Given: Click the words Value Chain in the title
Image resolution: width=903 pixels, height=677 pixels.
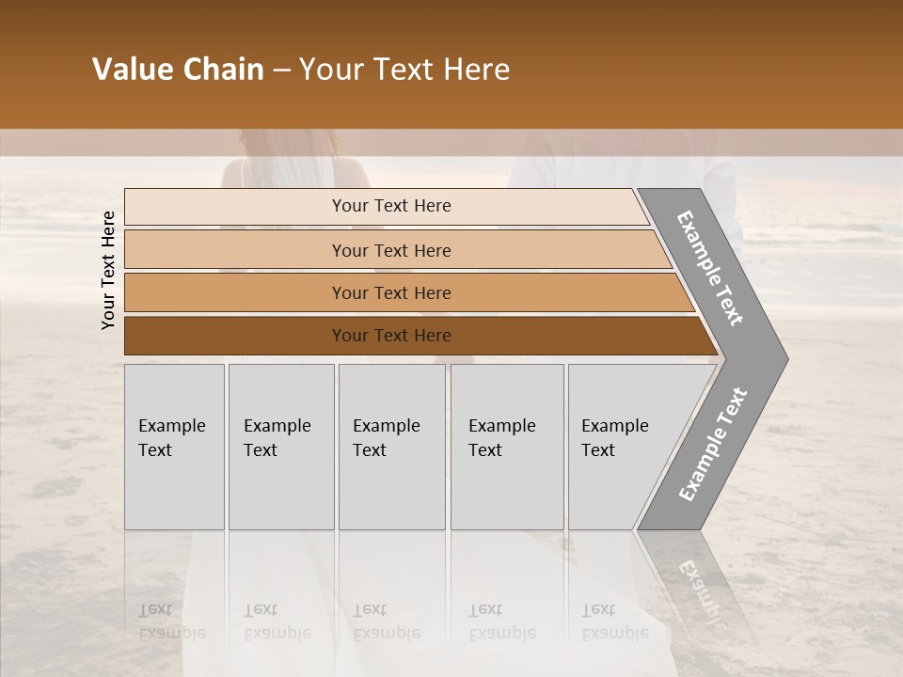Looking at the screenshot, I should point(178,70).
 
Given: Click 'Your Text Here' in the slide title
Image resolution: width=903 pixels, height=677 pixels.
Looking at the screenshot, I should point(404,70).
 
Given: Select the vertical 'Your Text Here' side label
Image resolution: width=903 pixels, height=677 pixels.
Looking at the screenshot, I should point(108,270).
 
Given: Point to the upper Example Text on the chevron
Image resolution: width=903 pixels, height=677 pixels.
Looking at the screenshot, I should point(710,268).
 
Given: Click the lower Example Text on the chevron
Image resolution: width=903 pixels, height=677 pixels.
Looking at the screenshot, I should point(712,445).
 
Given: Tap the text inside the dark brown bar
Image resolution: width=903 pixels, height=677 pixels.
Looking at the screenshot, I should point(391,336).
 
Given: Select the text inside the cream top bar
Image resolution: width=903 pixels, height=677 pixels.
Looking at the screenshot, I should point(391,206).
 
